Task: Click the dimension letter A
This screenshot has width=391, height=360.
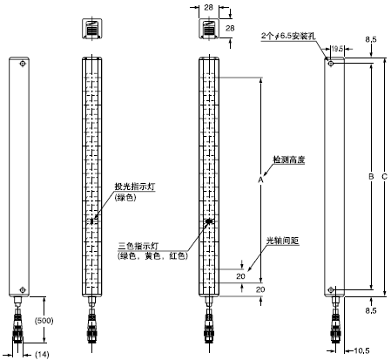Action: pyautogui.click(x=260, y=179)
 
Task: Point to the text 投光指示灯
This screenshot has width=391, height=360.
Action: pyautogui.click(x=131, y=187)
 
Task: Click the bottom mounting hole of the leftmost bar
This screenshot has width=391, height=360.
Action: pyautogui.click(x=23, y=289)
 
